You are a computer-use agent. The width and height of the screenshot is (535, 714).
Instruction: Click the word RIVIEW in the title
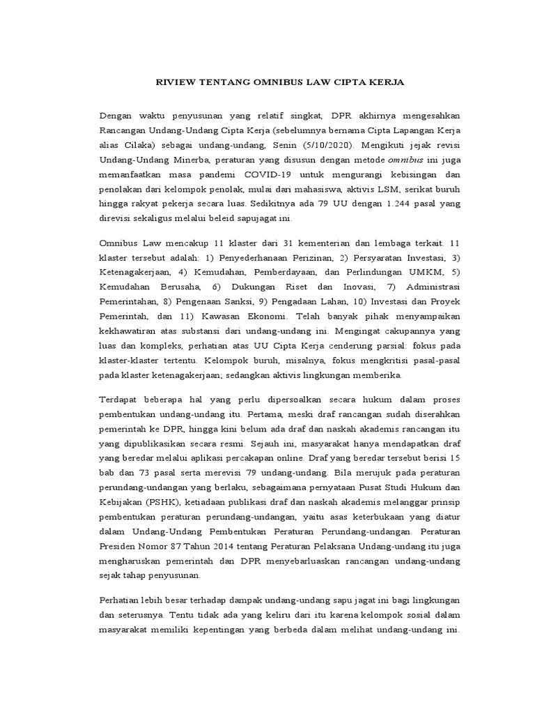pos(171,82)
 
